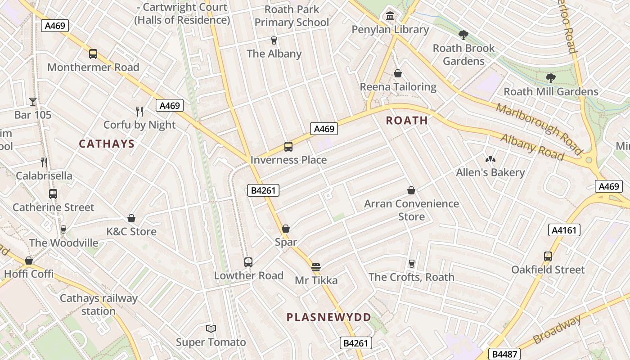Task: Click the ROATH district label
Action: coord(407,120)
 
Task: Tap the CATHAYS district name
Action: coord(107,144)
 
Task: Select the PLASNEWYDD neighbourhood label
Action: coord(329,317)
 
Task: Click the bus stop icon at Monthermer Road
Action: coord(93,54)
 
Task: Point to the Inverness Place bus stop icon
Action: coord(288,147)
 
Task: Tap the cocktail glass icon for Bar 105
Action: coord(33,101)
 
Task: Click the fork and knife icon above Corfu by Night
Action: coord(139,111)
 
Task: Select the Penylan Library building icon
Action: coord(390,17)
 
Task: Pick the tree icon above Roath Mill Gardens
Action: coord(550,78)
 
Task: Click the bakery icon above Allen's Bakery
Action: coord(490,159)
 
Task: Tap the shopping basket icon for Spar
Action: coord(286,229)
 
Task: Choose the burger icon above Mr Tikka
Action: coord(316,267)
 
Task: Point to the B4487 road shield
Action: coord(504,354)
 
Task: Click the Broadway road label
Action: coord(557,330)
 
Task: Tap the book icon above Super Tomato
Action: coord(211,329)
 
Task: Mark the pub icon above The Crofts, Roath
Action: coord(411,264)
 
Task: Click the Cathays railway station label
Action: coord(99,305)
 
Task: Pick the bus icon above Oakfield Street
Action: coord(548,256)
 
